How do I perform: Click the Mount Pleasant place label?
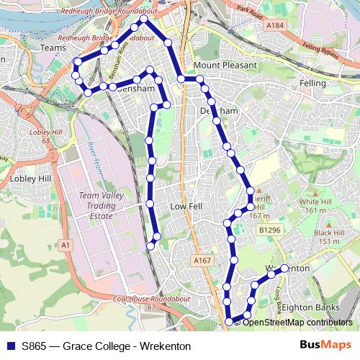pos(225,65)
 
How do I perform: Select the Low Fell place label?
pos(184,206)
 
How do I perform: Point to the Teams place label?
pos(54,48)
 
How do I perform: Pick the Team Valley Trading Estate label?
pos(97,205)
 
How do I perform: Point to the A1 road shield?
pos(67,246)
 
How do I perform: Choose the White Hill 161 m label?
pos(314,206)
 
